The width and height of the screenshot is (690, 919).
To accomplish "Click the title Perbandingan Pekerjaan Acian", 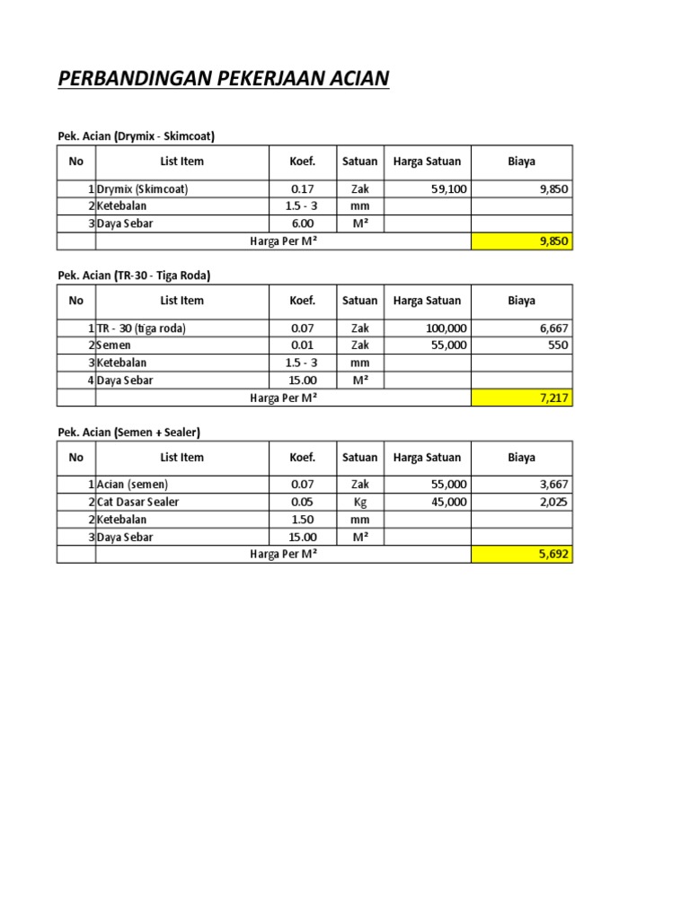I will (224, 80).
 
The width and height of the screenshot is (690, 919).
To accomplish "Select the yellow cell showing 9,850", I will (522, 241).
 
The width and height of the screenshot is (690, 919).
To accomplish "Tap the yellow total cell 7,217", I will (522, 398).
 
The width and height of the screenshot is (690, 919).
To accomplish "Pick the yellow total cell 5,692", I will (522, 555).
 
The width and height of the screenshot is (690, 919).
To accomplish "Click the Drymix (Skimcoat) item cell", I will (143, 189).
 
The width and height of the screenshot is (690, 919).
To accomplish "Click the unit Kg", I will (361, 502).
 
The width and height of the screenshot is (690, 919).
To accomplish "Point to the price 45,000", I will (448, 502).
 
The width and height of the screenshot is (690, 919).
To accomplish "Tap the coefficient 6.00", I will (302, 223).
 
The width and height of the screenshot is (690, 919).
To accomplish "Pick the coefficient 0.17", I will (302, 189).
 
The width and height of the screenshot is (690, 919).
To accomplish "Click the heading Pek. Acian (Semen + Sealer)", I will (129, 433).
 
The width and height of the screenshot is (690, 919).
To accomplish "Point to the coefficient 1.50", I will (302, 520).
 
